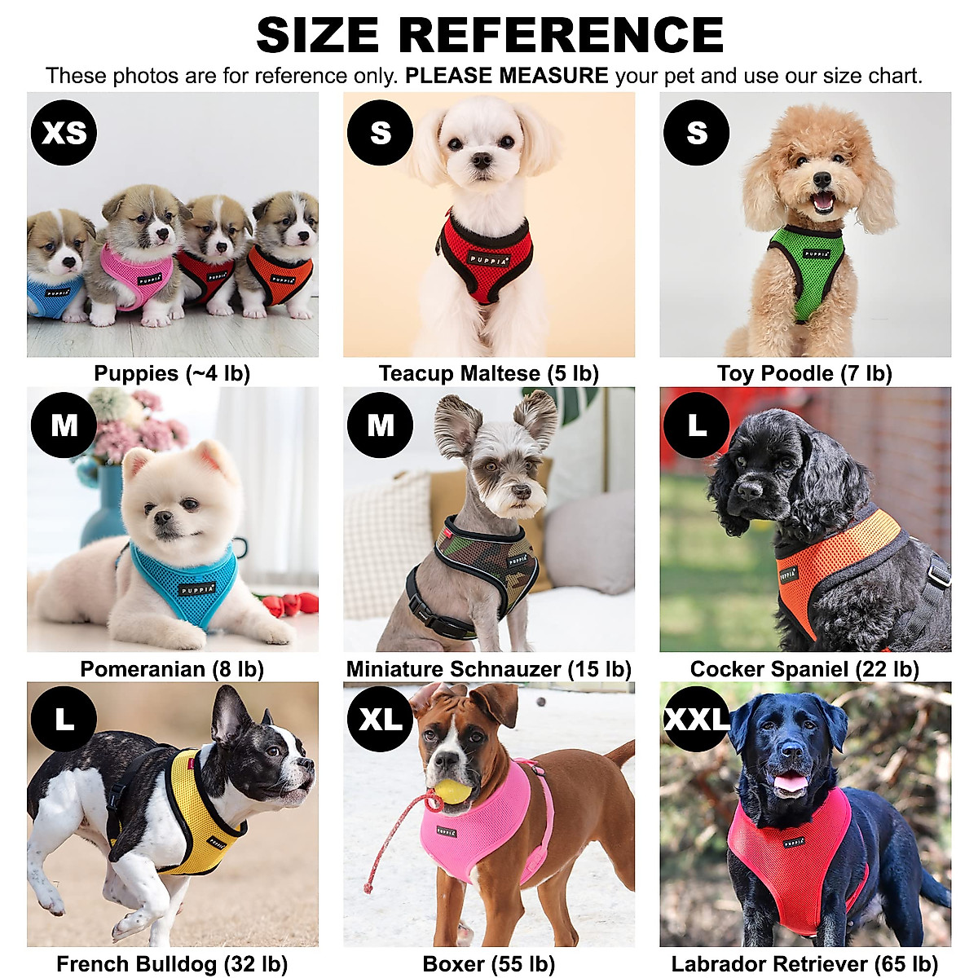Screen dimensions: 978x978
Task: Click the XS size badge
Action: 64,132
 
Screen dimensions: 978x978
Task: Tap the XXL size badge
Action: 697,719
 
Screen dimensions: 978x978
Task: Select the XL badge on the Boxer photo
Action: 380,719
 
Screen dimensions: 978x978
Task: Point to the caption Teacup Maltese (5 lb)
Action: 488,373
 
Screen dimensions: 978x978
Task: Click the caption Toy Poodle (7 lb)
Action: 804,373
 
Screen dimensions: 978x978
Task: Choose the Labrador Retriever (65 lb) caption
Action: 804,964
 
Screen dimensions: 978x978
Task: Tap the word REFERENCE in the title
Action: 561,35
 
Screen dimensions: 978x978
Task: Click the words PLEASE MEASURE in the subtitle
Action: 506,76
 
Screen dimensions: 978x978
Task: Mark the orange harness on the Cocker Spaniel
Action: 831,562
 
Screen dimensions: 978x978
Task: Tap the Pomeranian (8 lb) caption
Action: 172,669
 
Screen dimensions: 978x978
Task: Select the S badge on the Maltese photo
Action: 380,132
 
